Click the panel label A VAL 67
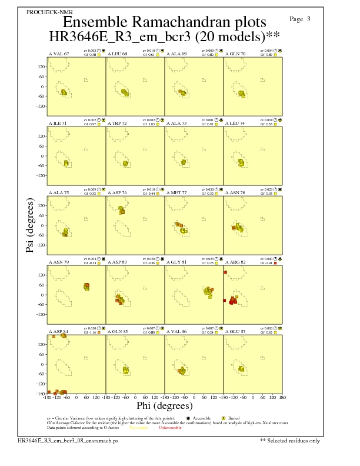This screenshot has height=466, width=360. [58, 54]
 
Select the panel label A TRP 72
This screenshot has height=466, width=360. [117, 124]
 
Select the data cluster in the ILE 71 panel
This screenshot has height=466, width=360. [66, 163]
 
